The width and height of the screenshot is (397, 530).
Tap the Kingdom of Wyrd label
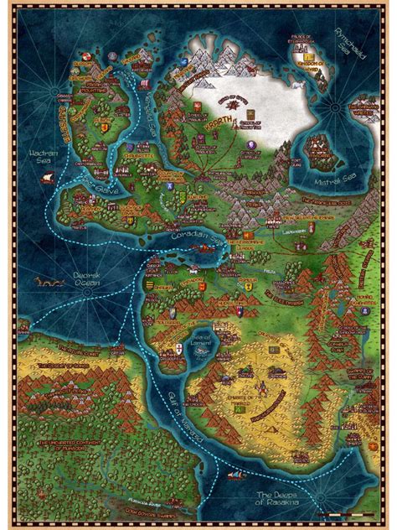click(x=310, y=63)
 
